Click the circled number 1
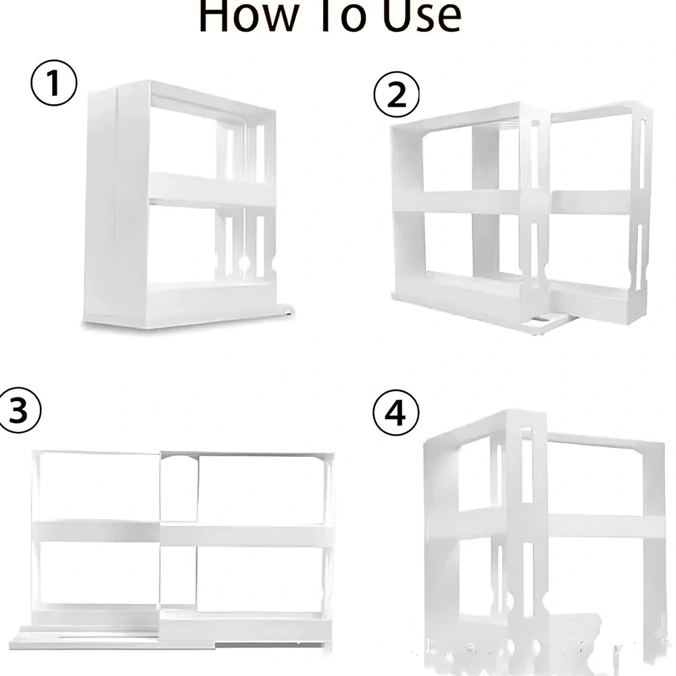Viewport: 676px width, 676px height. (x=54, y=84)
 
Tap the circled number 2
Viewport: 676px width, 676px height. (x=396, y=94)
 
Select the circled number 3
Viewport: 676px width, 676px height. (x=18, y=410)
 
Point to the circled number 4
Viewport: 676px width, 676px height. (x=396, y=413)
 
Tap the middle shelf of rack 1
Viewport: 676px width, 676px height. (x=210, y=190)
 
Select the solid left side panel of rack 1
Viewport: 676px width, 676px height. (x=115, y=203)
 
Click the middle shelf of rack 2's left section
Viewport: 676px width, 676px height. (x=460, y=201)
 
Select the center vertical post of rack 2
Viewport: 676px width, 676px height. (x=485, y=203)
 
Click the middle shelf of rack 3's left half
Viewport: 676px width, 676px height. (x=95, y=531)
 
